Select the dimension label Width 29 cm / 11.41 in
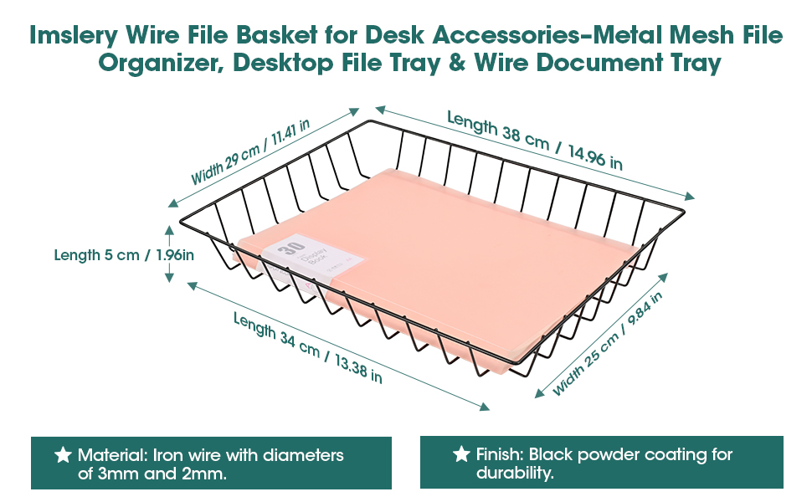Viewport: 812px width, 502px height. click(x=250, y=151)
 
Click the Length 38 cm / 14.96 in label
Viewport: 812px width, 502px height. click(x=534, y=140)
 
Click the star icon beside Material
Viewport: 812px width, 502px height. click(x=62, y=455)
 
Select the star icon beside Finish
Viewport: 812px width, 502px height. click(x=460, y=454)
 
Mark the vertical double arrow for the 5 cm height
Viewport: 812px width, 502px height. click(x=169, y=249)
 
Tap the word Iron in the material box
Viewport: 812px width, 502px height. click(x=168, y=455)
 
